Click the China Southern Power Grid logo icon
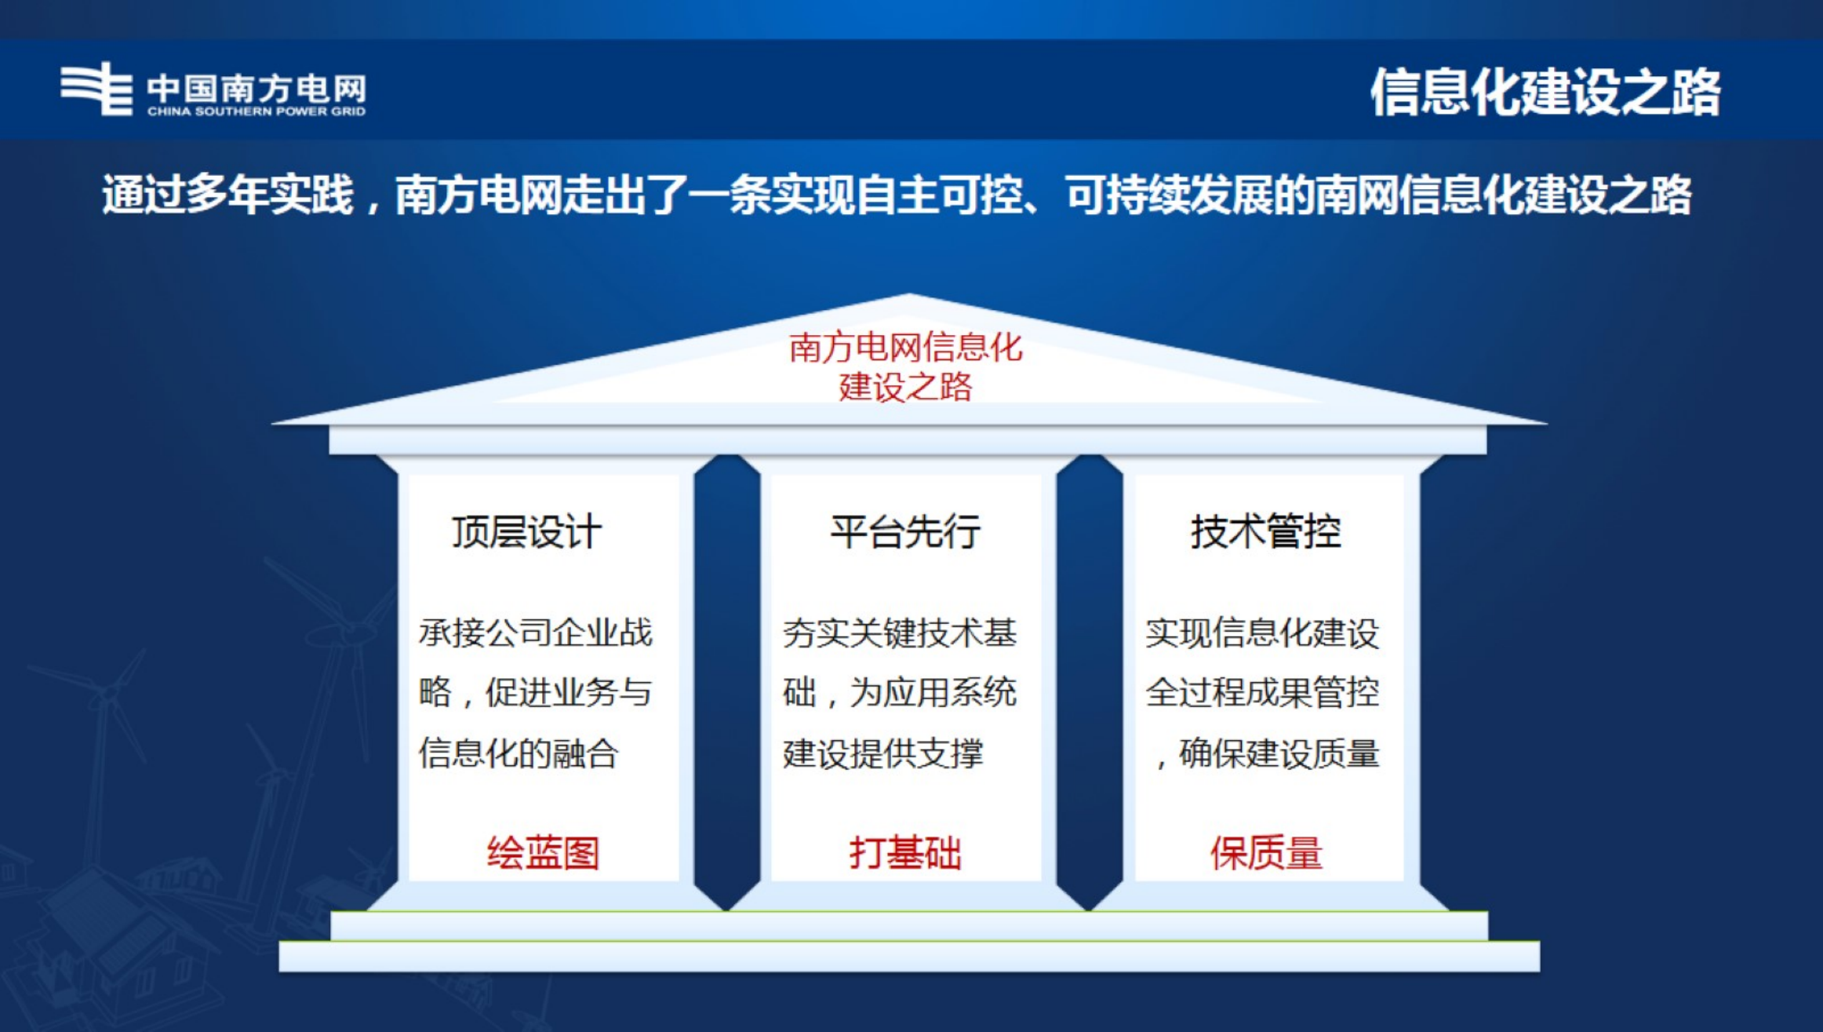(96, 89)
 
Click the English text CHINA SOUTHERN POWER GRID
(257, 112)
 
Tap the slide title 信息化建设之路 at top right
(1545, 93)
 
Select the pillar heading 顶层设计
(527, 531)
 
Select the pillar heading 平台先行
(905, 531)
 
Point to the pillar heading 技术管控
(1266, 531)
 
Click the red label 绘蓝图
(543, 852)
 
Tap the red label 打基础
(905, 852)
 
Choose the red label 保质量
(1266, 852)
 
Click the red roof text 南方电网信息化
(905, 348)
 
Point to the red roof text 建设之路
(905, 387)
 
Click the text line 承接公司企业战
(535, 633)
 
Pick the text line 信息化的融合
(519, 753)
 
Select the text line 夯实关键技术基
(899, 633)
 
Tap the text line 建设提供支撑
(882, 753)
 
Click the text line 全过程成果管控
(1262, 692)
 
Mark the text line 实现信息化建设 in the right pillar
(1262, 633)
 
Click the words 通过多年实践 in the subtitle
(227, 195)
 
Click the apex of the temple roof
(909, 297)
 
